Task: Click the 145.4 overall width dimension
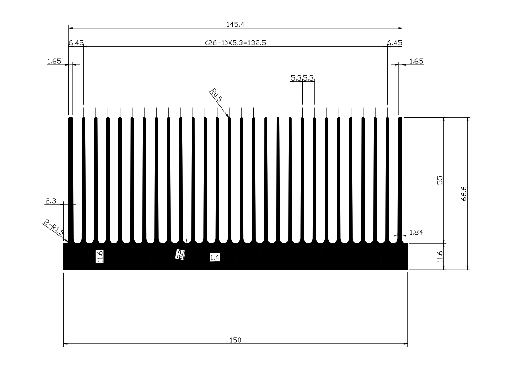pyautogui.click(x=235, y=25)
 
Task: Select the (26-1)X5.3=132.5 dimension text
pyautogui.click(x=235, y=43)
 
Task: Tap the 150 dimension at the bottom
pyautogui.click(x=235, y=340)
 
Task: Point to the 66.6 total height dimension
pyautogui.click(x=464, y=193)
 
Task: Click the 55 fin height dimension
pyautogui.click(x=440, y=180)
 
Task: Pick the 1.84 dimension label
pyautogui.click(x=416, y=232)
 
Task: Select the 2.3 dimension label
pyautogui.click(x=50, y=201)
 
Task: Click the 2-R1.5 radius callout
pyautogui.click(x=54, y=227)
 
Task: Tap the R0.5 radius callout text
pyautogui.click(x=216, y=95)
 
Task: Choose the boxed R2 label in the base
pyautogui.click(x=180, y=255)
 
